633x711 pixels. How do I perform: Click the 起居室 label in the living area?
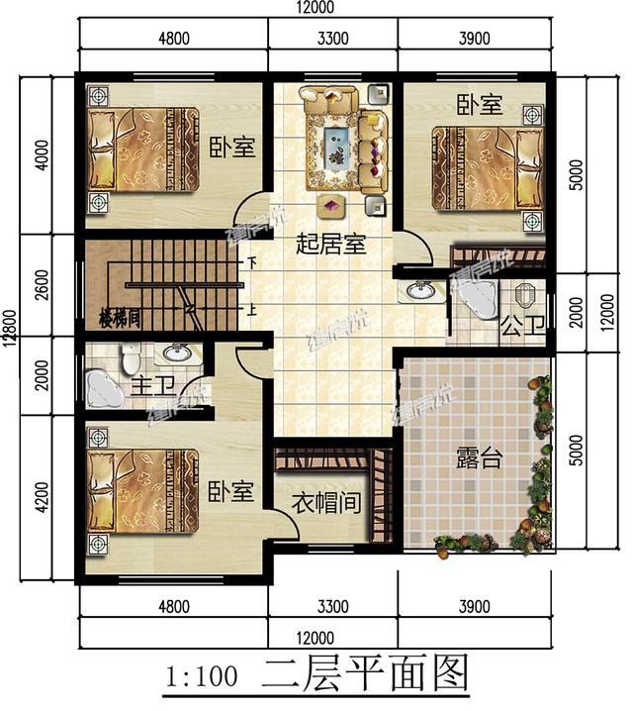331,244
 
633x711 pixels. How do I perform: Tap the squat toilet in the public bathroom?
525,294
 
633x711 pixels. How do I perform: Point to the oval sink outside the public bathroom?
421,291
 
